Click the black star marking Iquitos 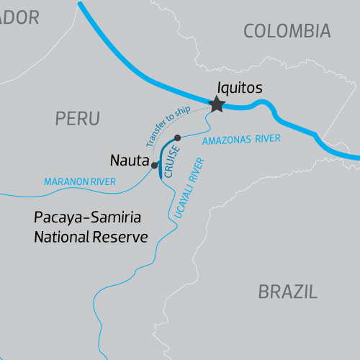coord(217,105)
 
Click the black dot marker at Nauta coord(154,166)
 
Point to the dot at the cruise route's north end coord(178,138)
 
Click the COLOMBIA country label coord(287,30)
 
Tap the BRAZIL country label coord(287,292)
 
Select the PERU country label coord(77,118)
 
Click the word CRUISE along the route coord(170,161)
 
